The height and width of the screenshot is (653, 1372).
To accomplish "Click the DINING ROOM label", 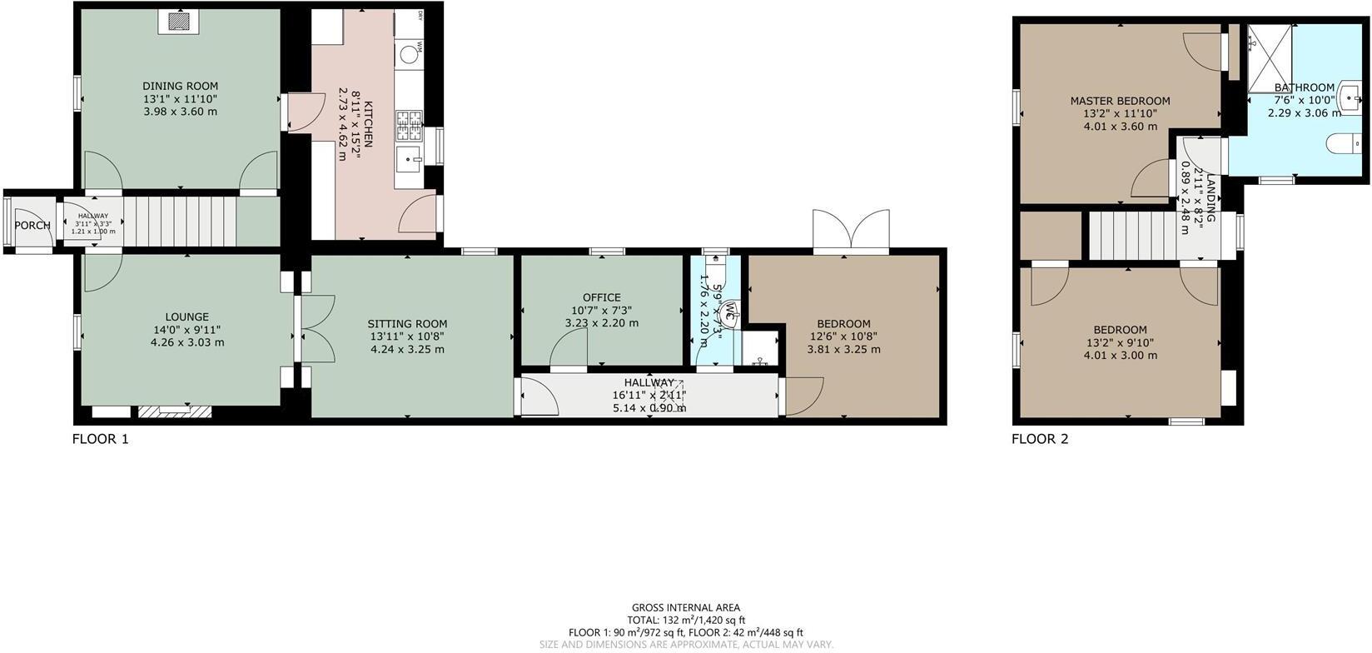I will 180,86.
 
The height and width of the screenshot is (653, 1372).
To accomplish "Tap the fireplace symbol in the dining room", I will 178,22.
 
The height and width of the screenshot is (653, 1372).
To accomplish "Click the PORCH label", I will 32,226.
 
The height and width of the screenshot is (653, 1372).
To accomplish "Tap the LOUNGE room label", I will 186,317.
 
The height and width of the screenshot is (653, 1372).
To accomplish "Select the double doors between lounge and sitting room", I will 315,329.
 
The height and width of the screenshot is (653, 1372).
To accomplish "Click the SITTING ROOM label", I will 407,324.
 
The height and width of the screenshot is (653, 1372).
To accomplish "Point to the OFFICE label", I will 601,297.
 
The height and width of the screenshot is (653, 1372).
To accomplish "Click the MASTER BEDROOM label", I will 1120,101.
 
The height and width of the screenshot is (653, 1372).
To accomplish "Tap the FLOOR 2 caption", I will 1039,439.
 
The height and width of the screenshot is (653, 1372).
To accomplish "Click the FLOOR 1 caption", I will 100,439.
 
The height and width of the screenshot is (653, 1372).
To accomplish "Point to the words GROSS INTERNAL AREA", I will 685,608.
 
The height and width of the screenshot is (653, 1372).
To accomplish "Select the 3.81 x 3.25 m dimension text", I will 843,350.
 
